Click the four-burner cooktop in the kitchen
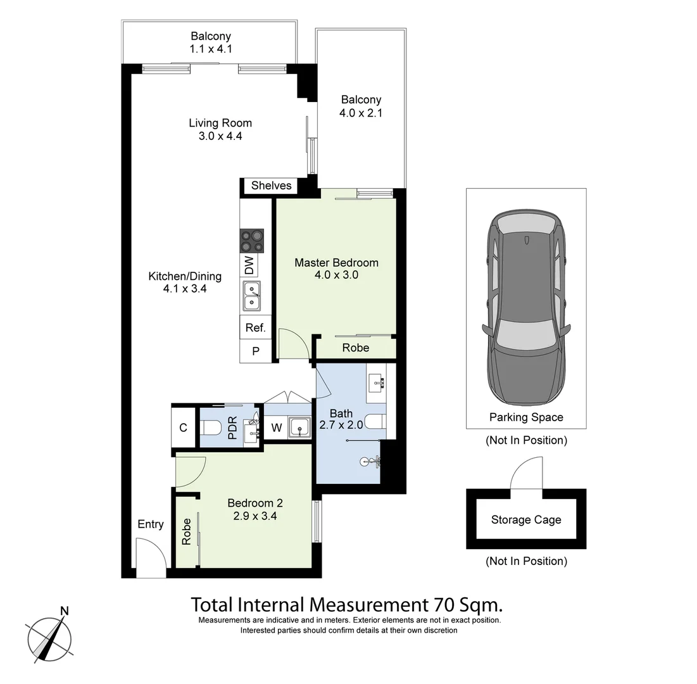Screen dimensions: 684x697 252,241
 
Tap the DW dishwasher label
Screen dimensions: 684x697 249,265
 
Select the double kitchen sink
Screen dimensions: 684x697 252,296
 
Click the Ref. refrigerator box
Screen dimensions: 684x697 255,328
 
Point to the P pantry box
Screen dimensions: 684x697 255,351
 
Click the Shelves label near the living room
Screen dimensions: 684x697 271,186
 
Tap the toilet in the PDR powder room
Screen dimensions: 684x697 211,429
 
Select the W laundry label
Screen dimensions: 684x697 276,428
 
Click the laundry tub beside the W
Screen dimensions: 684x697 298,427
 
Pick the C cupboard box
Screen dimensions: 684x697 183,427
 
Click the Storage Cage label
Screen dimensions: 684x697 526,520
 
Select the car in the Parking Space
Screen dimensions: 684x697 526,307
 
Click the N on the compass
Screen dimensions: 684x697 64,611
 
